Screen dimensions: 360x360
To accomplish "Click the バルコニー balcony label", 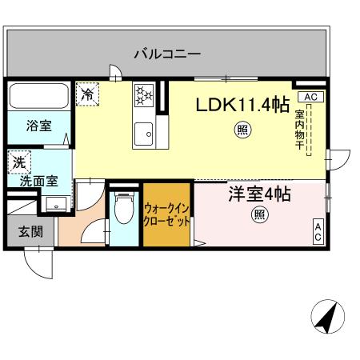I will [x=166, y=54].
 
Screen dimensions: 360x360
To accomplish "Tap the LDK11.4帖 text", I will [x=243, y=105].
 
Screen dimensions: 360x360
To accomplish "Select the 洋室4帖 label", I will [x=258, y=194].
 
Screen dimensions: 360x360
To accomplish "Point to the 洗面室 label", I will [x=38, y=180].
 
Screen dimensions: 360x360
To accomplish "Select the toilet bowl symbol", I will [x=123, y=212].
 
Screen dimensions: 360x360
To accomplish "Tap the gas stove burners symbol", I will [x=145, y=95].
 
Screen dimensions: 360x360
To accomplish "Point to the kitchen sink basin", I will [x=145, y=132].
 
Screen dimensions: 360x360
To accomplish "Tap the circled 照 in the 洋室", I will [x=259, y=214].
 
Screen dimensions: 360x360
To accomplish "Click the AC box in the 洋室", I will [x=317, y=232].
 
